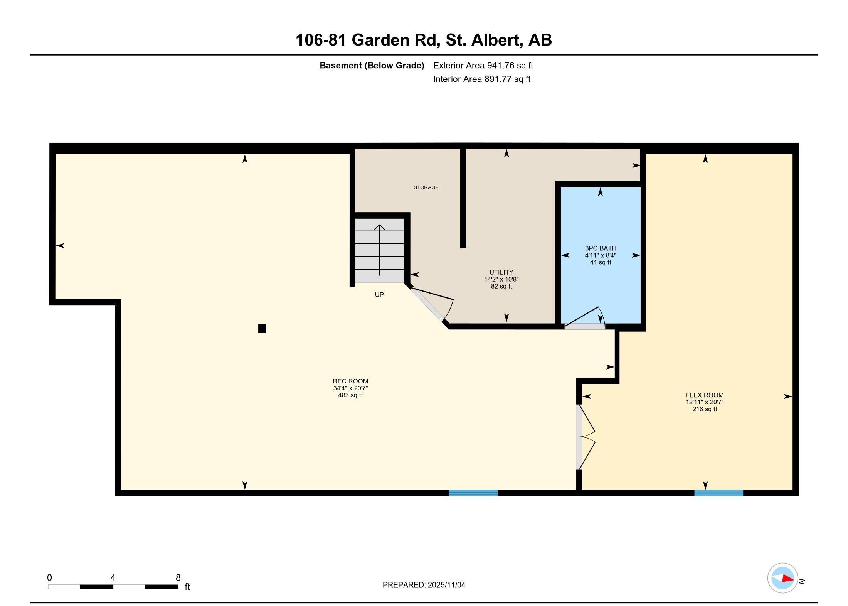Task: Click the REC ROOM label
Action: click(350, 381)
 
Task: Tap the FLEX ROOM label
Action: click(705, 395)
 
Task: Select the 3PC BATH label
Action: click(600, 248)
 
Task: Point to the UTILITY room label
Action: click(501, 272)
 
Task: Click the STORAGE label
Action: click(426, 187)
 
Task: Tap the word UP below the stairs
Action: click(379, 295)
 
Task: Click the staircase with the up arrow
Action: click(379, 250)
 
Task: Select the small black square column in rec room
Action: click(262, 329)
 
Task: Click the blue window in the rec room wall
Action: click(473, 493)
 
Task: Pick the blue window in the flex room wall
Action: click(718, 493)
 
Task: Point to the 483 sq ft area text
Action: click(350, 395)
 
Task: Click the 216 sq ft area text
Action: click(705, 409)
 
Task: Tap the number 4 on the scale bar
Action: click(113, 577)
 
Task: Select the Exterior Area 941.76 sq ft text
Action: click(483, 66)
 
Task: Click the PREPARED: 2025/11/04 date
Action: click(424, 585)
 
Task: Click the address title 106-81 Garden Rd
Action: click(423, 40)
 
